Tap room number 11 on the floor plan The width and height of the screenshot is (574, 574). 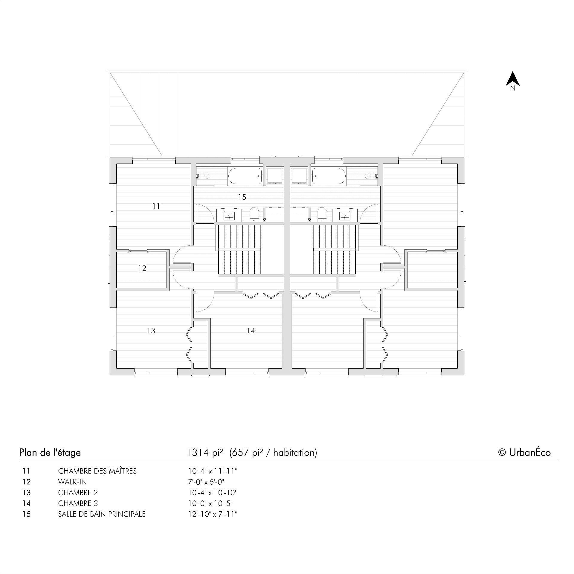[x=156, y=206]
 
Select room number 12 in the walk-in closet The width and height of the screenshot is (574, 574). [x=142, y=268]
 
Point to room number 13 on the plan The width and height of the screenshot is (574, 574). [x=151, y=331]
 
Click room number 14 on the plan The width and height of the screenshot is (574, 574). [x=251, y=331]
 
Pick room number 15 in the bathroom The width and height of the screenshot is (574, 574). [x=242, y=197]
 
